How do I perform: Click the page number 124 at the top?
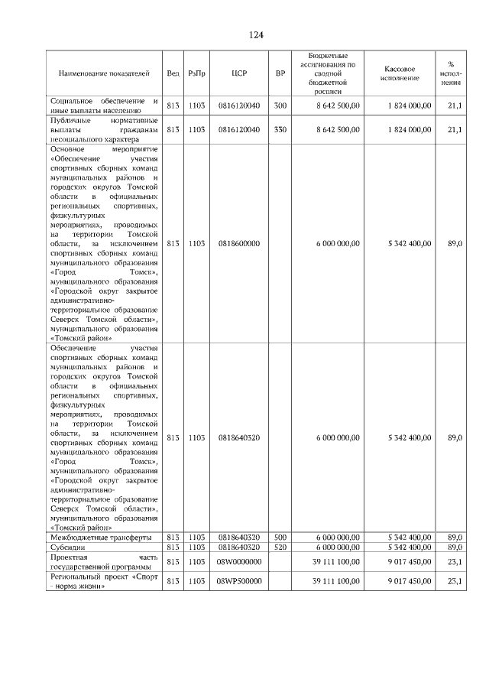coord(255,36)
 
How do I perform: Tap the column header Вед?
coord(173,74)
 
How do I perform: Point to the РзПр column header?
coord(196,74)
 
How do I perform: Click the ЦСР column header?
coord(238,74)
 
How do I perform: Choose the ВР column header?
coord(280,74)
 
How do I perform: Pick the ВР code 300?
coord(280,106)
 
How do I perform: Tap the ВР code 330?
coord(280,130)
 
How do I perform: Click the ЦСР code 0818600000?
coord(238,244)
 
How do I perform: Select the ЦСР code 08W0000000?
coord(238,562)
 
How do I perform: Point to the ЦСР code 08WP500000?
coord(238,582)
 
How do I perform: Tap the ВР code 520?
coord(280,547)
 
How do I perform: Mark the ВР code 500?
coord(280,538)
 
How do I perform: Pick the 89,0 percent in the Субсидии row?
coord(455,547)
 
